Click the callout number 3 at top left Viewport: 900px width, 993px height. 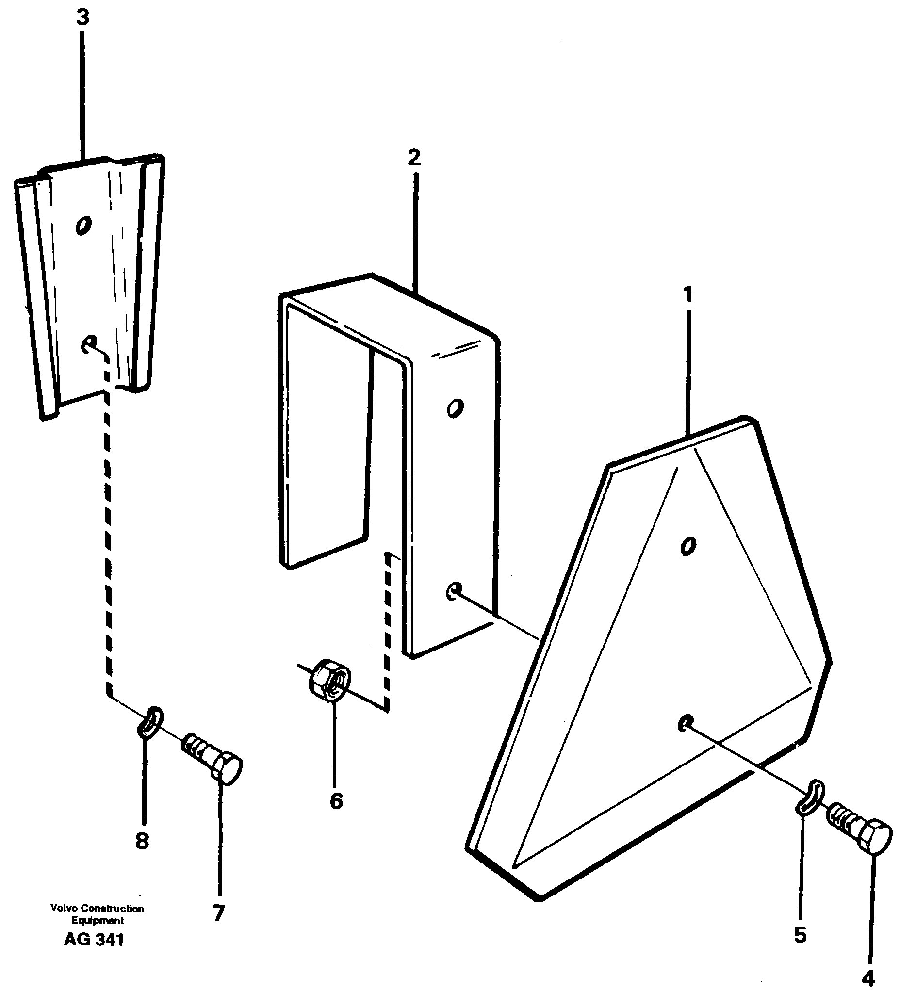point(82,18)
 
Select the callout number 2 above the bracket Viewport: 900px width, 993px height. point(414,158)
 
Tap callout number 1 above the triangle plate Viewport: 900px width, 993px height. point(687,294)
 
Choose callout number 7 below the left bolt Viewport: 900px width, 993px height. point(219,912)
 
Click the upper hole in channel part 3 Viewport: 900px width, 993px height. point(83,225)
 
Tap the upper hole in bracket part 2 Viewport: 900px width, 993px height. point(455,408)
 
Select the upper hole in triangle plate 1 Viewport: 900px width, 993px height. point(687,545)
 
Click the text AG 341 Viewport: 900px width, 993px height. point(94,940)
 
